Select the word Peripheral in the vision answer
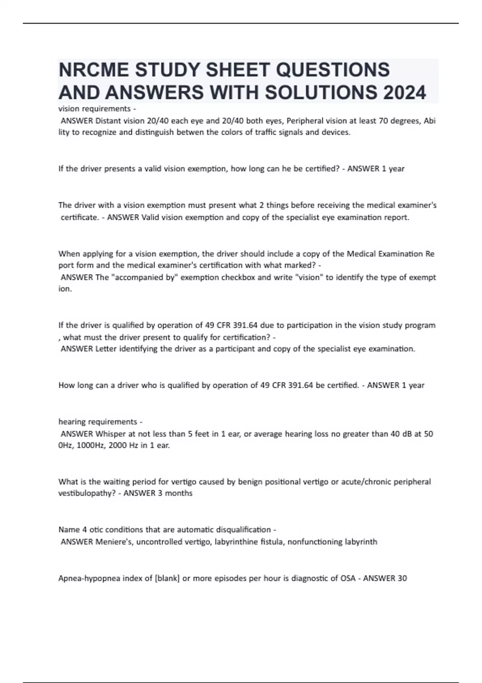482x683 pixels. coord(304,121)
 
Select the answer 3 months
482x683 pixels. coord(175,493)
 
